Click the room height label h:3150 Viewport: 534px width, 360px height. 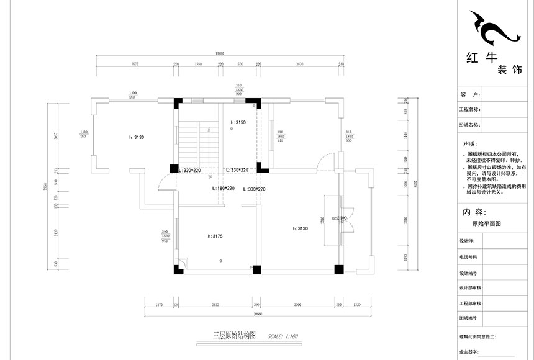pos(238,123)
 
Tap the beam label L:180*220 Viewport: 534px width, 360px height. pos(222,189)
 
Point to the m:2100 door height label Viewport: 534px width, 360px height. pos(339,218)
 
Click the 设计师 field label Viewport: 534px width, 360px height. pos(467,241)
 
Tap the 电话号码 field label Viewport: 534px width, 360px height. pos(468,256)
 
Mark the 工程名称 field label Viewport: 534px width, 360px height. pos(470,110)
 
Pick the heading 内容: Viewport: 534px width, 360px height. pos(476,211)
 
